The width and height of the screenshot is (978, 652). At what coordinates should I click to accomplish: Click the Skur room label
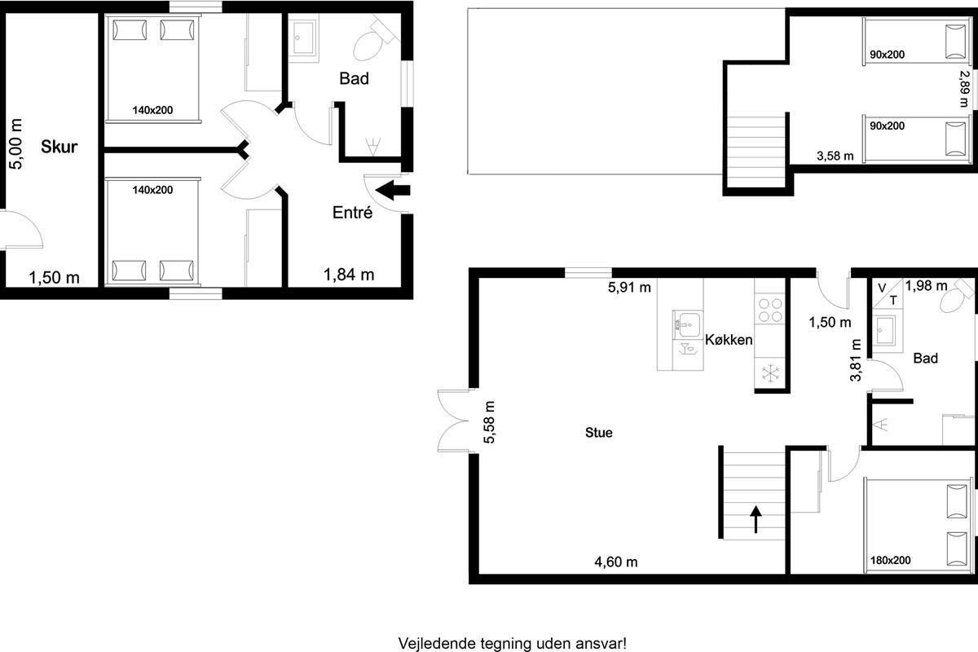coord(59,147)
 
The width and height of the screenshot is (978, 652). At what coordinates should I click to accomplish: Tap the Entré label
coord(352,213)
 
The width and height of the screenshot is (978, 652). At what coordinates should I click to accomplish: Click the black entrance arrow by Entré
coord(393,191)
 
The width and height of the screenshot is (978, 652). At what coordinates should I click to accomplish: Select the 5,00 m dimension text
coord(15,144)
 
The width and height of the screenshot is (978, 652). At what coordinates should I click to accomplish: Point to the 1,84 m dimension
coord(349,275)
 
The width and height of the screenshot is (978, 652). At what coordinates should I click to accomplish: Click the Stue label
coord(598,433)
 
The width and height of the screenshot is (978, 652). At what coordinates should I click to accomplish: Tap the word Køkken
coord(729,340)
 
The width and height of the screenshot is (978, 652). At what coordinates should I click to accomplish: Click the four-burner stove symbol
coord(770,310)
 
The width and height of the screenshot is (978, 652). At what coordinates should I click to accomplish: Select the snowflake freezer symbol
coord(770,373)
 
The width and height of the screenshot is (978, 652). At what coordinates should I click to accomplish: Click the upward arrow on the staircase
coord(756,520)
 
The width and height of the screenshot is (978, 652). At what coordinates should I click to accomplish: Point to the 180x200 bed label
coord(891,560)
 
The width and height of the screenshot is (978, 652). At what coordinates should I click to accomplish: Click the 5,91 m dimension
coord(629,288)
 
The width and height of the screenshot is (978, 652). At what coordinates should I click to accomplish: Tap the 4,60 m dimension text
coord(616,562)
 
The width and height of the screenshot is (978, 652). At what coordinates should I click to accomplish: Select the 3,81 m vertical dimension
coord(856,360)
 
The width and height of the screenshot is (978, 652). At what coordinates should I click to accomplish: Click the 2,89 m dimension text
coord(964,89)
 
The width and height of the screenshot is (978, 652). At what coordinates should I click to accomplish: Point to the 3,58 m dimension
coord(835,156)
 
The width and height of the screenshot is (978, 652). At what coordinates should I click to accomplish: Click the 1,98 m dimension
coord(926,286)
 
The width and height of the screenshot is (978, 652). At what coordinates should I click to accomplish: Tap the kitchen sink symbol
coord(687,324)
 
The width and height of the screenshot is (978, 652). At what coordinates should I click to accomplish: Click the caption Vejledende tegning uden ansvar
coord(512,644)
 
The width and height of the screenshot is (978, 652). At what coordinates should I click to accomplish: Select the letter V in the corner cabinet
coord(882,288)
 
